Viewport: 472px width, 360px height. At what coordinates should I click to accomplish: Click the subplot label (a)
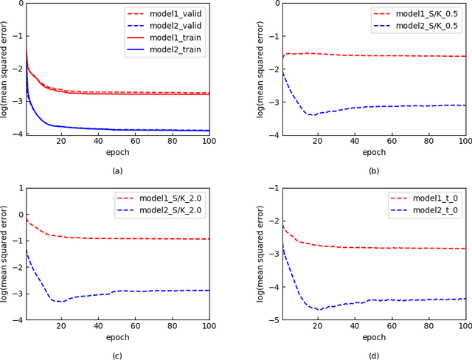(117, 170)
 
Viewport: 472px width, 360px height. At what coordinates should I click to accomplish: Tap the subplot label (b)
(374, 170)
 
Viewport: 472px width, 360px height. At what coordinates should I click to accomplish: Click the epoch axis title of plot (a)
(117, 152)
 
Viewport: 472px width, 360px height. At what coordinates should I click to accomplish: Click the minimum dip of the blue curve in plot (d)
(319, 309)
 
